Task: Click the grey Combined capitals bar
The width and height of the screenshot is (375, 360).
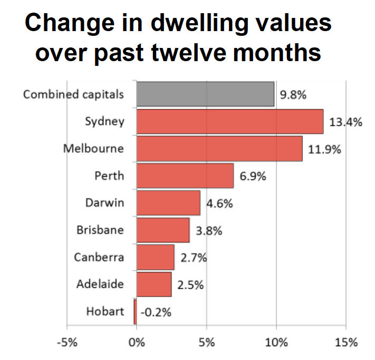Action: click(x=205, y=94)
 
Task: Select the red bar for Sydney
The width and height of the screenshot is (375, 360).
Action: click(x=229, y=121)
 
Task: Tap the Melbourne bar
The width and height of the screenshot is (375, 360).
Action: click(x=219, y=148)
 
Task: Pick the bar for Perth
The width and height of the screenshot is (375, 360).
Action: click(x=185, y=176)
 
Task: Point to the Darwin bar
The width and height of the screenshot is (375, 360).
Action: click(x=168, y=203)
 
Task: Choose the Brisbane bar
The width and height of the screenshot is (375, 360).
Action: click(x=163, y=230)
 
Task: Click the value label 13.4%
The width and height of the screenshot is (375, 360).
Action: click(x=345, y=122)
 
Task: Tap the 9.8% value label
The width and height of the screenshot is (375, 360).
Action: click(x=293, y=95)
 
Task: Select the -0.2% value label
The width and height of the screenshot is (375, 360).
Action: click(x=157, y=312)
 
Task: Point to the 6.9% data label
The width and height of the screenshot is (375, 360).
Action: click(x=253, y=176)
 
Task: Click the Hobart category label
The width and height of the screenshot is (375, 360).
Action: click(x=105, y=311)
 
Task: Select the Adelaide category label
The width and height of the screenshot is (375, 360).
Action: click(x=100, y=284)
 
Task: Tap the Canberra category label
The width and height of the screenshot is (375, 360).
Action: click(x=99, y=257)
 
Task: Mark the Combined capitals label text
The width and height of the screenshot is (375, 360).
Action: click(x=73, y=95)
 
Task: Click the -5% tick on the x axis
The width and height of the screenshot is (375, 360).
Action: click(x=66, y=343)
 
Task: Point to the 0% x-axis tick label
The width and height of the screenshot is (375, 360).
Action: click(x=137, y=343)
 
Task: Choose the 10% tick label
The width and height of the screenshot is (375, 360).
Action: click(x=276, y=343)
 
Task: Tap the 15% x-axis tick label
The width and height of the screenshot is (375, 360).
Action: click(x=346, y=343)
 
